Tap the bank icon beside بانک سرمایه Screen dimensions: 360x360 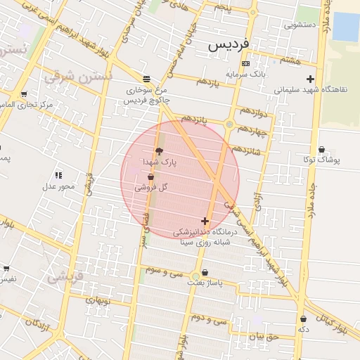[x=245, y=64]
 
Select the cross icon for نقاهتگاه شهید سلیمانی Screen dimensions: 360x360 [x=310, y=79]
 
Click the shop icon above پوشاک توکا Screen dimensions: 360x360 [x=322, y=149]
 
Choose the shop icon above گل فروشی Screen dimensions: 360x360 [x=150, y=178]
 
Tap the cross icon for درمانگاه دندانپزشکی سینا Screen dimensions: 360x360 [x=205, y=221]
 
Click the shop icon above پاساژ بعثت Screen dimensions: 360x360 [x=205, y=273]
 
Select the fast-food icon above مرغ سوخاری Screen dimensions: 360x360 [x=146, y=79]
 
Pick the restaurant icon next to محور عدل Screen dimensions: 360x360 [x=58, y=174]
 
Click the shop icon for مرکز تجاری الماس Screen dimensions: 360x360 [x=24, y=94]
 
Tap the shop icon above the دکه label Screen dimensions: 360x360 [x=303, y=319]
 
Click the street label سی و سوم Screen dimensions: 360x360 [x=164, y=270]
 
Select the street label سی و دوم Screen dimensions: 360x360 [x=210, y=319]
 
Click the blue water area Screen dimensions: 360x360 [x=345, y=27]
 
